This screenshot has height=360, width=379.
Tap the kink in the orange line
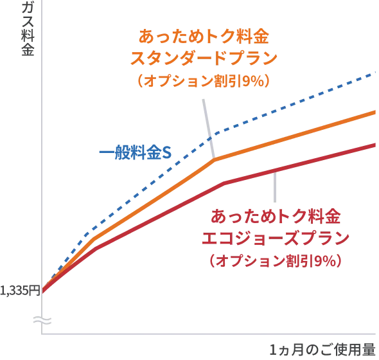209,157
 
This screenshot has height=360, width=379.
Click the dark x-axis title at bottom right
321,350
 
